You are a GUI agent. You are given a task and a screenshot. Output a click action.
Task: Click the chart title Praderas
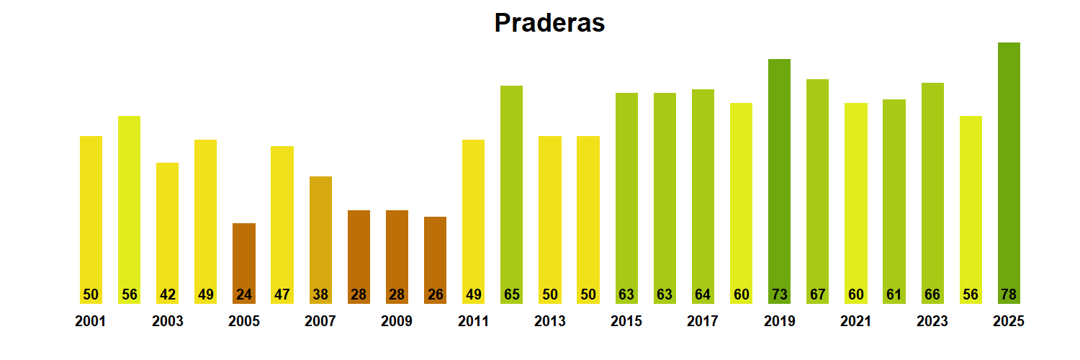549,23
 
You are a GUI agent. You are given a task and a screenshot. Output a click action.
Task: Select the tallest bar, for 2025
1009,173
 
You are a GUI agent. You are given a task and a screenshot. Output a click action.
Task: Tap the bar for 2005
244,263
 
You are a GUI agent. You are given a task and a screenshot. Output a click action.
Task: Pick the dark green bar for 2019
779,180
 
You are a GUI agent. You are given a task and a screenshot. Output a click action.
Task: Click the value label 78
1009,294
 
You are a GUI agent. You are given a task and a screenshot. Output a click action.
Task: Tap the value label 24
244,294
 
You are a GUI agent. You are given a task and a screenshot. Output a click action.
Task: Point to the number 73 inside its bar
779,294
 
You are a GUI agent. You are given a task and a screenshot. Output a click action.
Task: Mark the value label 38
320,294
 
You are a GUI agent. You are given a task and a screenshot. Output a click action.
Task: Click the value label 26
435,294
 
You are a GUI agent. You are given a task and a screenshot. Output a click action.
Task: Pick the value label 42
168,294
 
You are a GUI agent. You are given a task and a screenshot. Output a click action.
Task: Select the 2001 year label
91,322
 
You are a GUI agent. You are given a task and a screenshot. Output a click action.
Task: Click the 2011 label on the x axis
473,322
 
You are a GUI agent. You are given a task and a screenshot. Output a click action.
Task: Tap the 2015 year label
626,322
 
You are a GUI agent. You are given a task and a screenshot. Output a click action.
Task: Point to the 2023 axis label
932,322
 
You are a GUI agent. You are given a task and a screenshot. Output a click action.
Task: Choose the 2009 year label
397,322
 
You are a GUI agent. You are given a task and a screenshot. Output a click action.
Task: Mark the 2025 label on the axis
1009,322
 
